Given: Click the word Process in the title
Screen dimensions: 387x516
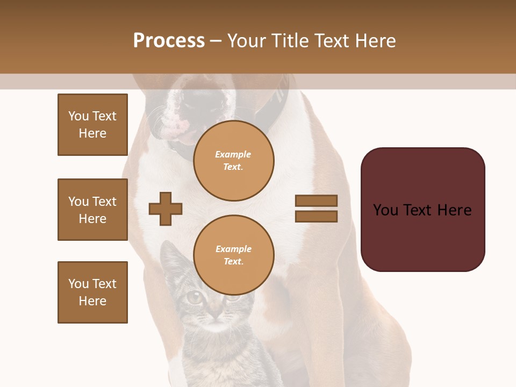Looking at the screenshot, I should tap(169, 41).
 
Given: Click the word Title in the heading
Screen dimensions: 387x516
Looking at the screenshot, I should tap(291, 41).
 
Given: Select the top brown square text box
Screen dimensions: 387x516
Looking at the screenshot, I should tap(92, 125).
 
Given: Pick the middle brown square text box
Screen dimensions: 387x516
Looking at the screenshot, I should tap(92, 210).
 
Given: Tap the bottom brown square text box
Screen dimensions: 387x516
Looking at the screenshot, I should tap(92, 292).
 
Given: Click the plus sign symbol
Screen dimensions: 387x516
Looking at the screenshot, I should tap(166, 209).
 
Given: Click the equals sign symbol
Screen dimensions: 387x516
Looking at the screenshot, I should tap(316, 209).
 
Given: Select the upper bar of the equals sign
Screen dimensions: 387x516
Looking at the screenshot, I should tap(316, 200).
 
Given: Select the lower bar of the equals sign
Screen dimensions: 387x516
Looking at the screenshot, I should tap(316, 217).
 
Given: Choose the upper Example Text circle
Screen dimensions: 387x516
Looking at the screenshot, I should tap(234, 161).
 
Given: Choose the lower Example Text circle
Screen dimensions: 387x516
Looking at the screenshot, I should tap(234, 255).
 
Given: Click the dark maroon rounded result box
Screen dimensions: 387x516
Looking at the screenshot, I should tap(422, 210).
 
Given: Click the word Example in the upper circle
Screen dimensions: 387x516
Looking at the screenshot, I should tap(233, 154).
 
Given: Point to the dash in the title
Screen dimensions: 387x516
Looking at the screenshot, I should tap(216, 41).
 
